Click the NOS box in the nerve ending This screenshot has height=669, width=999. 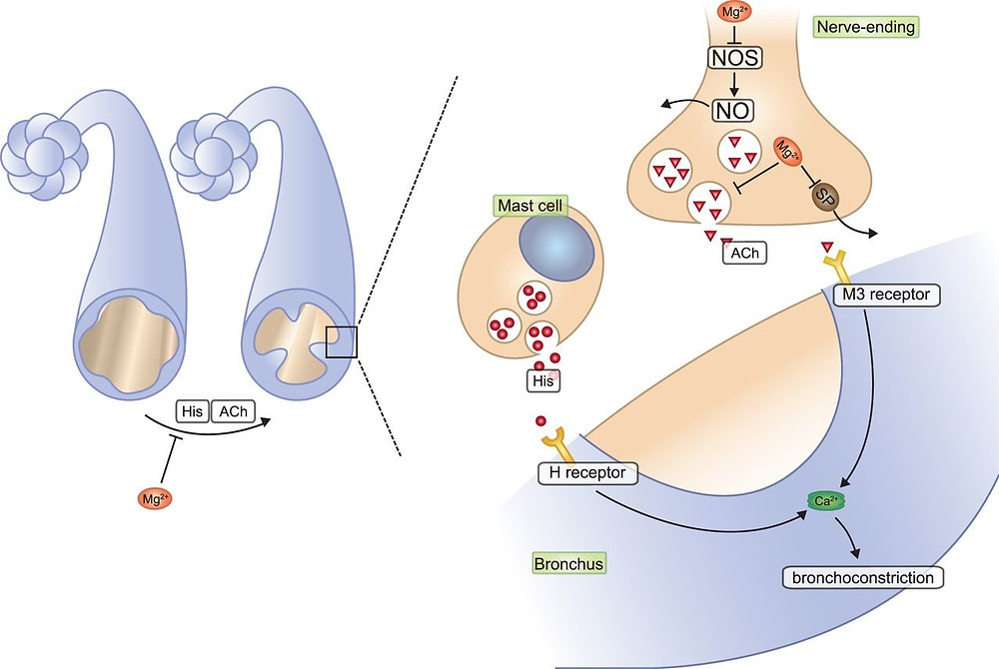click(733, 57)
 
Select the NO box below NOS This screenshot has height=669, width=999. click(732, 109)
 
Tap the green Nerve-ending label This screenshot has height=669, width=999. click(865, 27)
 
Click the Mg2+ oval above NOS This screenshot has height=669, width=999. click(731, 13)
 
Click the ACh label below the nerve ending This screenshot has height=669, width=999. click(743, 253)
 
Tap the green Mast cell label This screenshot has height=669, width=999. click(529, 207)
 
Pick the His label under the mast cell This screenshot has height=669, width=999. click(544, 379)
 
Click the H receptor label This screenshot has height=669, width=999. click(587, 472)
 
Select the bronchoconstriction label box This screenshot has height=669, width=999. click(863, 577)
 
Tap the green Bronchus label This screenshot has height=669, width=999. click(568, 563)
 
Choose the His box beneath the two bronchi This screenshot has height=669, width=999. click(192, 410)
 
